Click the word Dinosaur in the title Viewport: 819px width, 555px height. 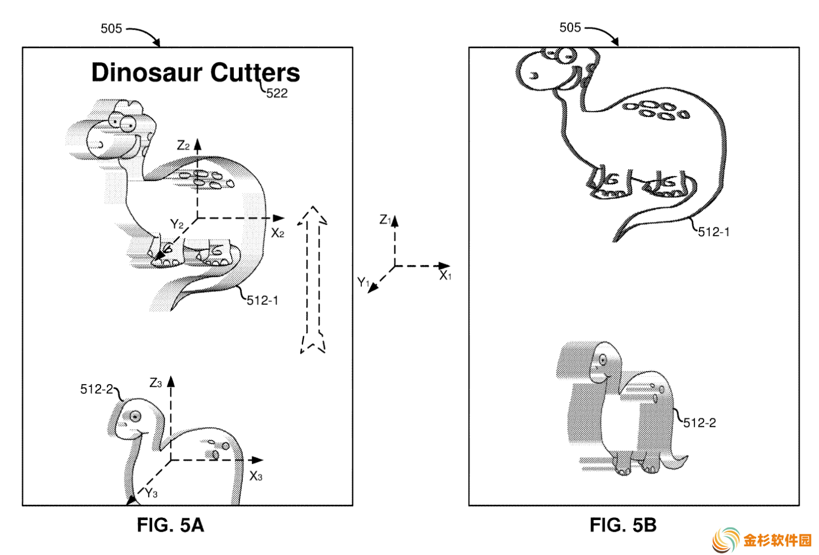click(x=147, y=73)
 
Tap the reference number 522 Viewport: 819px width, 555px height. click(x=277, y=93)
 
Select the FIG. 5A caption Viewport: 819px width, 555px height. click(x=170, y=525)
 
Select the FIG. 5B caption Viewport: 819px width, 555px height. click(x=623, y=525)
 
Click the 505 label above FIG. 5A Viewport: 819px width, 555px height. click(x=111, y=29)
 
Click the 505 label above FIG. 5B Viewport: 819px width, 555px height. click(x=570, y=27)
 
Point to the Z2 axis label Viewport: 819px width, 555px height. click(x=183, y=146)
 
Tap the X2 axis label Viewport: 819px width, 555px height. click(x=278, y=233)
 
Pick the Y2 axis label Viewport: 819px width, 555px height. click(x=177, y=223)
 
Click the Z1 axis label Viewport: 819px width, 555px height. click(x=385, y=219)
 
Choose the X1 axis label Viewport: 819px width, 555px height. click(x=445, y=275)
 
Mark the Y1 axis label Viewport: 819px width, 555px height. click(x=363, y=282)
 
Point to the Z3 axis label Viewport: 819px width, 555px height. click(x=155, y=383)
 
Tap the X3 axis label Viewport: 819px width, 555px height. click(x=256, y=476)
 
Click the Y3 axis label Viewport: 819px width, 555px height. click(x=151, y=493)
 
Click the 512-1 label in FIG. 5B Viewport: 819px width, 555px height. click(x=713, y=232)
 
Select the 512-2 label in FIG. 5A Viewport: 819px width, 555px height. click(x=97, y=389)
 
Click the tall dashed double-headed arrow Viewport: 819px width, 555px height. click(x=313, y=280)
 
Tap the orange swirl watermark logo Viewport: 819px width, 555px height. click(x=726, y=540)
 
